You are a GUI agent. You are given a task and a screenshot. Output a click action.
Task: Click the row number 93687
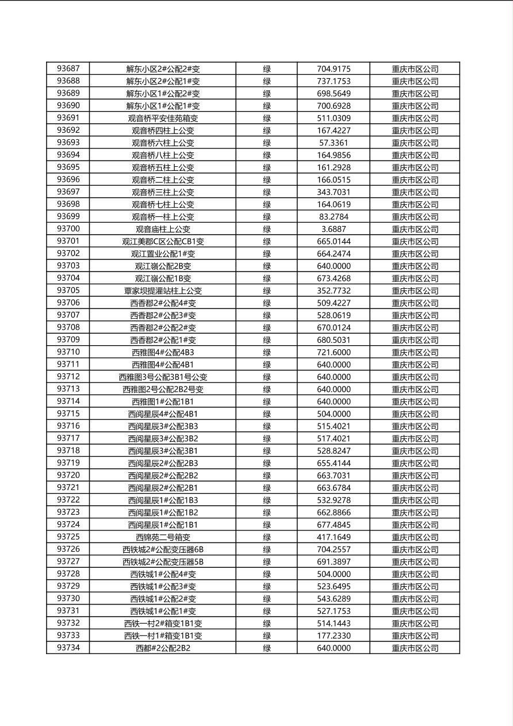pos(68,69)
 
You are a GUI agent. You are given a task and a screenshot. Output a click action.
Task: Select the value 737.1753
pos(334,81)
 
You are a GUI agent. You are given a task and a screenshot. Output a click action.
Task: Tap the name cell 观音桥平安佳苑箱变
pos(163,119)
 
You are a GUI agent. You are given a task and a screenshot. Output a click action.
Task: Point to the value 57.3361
pos(334,143)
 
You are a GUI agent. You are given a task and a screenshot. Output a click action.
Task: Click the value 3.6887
pos(334,229)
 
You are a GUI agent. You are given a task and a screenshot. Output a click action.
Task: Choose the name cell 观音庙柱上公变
pos(163,229)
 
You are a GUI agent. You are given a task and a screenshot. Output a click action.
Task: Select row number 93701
pos(68,241)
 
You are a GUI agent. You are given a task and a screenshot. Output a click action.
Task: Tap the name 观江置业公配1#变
pos(163,254)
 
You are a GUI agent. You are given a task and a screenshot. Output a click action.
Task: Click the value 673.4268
pos(334,278)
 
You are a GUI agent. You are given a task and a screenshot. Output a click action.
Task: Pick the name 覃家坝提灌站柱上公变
pos(163,291)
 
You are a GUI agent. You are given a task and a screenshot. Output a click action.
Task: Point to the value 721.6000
pos(334,352)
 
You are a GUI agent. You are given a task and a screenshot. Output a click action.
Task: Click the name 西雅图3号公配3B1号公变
pos(163,377)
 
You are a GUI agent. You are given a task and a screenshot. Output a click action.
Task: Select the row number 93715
pos(68,414)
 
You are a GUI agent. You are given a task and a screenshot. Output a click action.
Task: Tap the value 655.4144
pos(334,463)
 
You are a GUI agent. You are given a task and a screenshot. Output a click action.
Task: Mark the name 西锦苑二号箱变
pos(163,537)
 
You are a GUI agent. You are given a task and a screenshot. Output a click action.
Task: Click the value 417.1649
pos(334,537)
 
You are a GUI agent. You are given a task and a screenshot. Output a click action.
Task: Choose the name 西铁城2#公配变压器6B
pos(163,549)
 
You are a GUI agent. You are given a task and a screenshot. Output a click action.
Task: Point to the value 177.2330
pos(334,636)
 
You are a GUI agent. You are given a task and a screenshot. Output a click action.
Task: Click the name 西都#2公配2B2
pos(163,648)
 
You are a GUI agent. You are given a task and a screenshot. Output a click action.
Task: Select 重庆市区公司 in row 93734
pos(415,648)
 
